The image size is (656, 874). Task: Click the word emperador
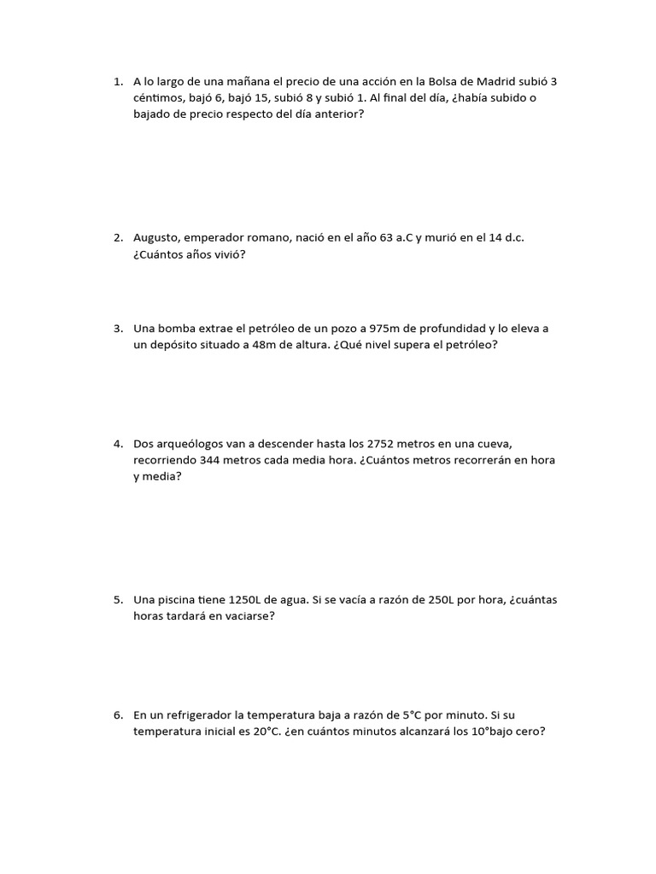coord(225,237)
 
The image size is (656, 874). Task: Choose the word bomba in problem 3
coord(180,329)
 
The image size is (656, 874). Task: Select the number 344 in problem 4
coord(213,460)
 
